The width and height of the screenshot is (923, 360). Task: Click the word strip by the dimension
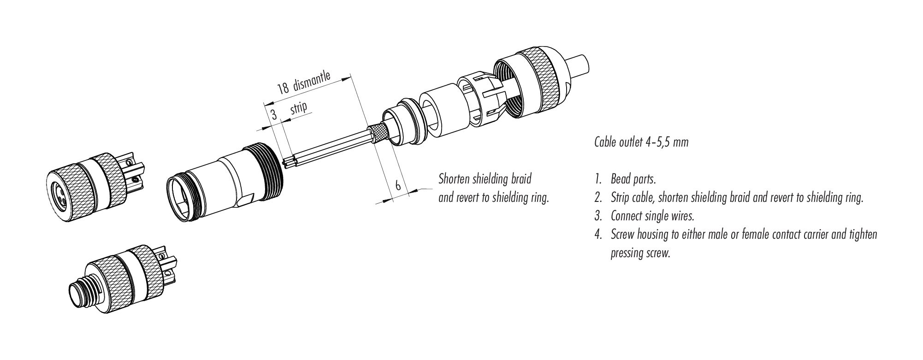coord(299,110)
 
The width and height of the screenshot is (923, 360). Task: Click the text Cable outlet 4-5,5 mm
coord(641,142)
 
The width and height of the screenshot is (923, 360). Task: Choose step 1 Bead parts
coord(623,179)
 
